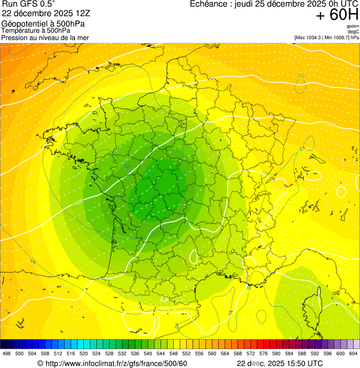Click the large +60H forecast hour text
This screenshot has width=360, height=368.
338,15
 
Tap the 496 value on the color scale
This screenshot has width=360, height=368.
7,353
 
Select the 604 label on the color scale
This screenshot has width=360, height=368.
353,353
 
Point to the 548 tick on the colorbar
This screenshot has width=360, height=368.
173,353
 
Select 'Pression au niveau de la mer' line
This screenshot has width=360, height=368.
45,37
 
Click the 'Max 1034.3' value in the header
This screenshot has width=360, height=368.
311,37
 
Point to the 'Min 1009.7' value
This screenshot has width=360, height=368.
337,37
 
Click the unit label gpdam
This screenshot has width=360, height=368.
353,26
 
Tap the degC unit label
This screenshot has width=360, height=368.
353,32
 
